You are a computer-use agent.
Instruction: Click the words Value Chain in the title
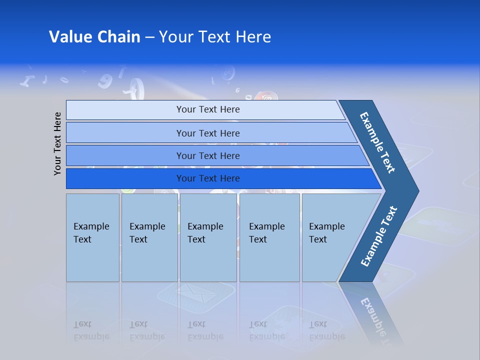tap(94, 37)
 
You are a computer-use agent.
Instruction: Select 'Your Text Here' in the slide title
tap(215, 37)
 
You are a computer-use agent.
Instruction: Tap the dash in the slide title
tap(149, 37)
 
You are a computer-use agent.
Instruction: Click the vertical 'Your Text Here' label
tap(57, 143)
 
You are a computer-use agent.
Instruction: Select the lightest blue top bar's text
tap(208, 109)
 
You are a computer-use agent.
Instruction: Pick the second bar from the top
tap(208, 133)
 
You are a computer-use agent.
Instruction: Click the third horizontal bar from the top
tap(208, 155)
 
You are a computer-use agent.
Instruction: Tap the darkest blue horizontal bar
tap(208, 178)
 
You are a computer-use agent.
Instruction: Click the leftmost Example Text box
tap(92, 237)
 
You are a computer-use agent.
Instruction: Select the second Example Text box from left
tap(149, 237)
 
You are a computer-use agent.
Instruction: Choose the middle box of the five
tap(208, 237)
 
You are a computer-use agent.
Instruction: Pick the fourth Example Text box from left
tap(269, 237)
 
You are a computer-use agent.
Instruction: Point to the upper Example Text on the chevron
tap(377, 142)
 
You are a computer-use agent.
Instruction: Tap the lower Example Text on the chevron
tap(378, 236)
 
